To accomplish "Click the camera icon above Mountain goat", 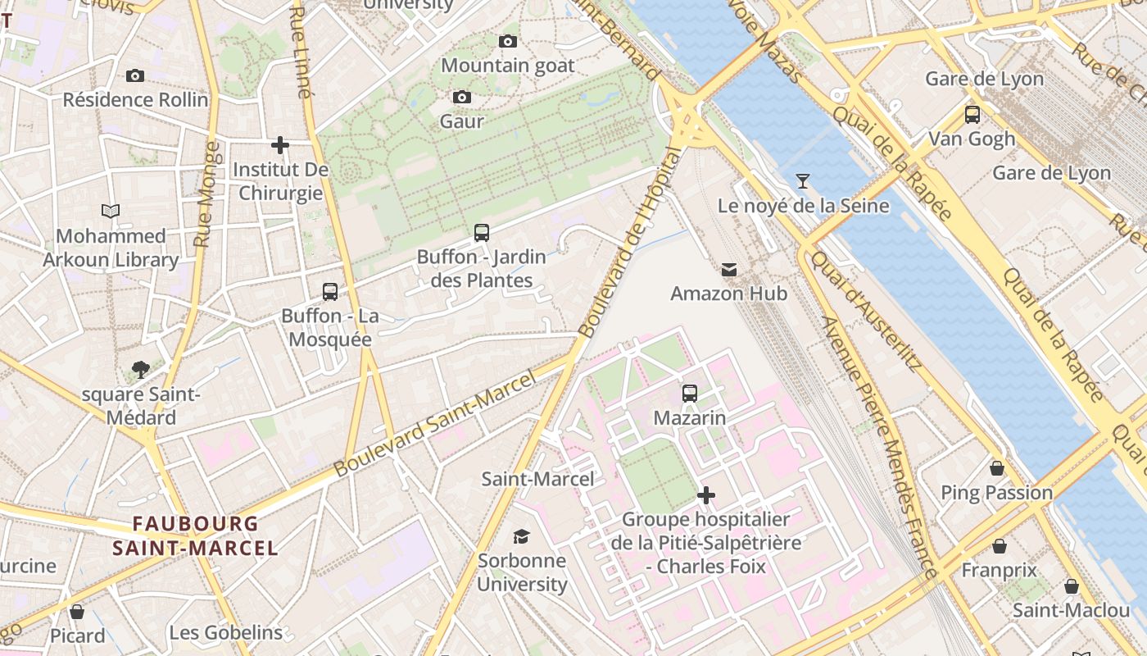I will pyautogui.click(x=508, y=41).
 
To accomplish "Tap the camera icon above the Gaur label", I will pyautogui.click(x=462, y=98).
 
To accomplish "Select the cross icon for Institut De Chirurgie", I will pyautogui.click(x=280, y=145).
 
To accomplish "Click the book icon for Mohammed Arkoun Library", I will pyautogui.click(x=111, y=211).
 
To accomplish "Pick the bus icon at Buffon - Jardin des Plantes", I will pyautogui.click(x=482, y=233).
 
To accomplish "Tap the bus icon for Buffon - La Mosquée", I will pyautogui.click(x=330, y=292).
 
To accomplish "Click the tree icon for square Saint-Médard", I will pyautogui.click(x=141, y=370).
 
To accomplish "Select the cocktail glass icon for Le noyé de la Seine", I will pyautogui.click(x=803, y=181).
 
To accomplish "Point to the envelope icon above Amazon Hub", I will pyautogui.click(x=728, y=269).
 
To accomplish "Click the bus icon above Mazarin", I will pyautogui.click(x=690, y=394).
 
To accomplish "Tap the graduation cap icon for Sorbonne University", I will pyautogui.click(x=521, y=537).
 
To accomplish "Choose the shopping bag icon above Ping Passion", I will pyautogui.click(x=997, y=468).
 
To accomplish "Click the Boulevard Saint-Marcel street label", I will pyautogui.click(x=435, y=423).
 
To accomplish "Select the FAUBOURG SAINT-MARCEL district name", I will pyautogui.click(x=196, y=535).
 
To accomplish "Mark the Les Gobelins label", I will pyautogui.click(x=226, y=632).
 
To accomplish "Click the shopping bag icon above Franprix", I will pyautogui.click(x=1000, y=546).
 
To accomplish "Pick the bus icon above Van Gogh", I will pyautogui.click(x=972, y=115).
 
